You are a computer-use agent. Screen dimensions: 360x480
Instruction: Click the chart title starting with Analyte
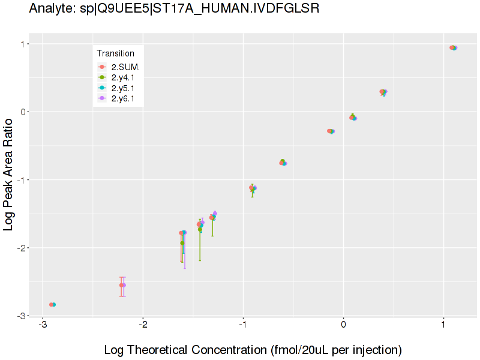coord(174,9)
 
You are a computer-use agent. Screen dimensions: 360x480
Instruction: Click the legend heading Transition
coord(116,53)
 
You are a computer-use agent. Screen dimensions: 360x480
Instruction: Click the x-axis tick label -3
coord(43,325)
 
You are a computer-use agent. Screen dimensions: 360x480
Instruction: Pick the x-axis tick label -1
coord(243,325)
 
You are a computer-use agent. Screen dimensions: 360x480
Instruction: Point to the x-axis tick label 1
coord(443,325)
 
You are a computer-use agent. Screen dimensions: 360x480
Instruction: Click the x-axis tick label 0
coord(343,325)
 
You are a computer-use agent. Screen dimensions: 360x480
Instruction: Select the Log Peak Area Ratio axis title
coord(9,175)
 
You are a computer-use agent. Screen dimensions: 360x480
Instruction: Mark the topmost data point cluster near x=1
coord(453,48)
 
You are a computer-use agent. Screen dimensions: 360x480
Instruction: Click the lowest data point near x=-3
coord(52,305)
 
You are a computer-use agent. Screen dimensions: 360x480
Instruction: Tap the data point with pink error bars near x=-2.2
coord(122,285)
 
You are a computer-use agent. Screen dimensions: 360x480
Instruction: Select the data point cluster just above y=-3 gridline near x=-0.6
coord(283,163)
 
